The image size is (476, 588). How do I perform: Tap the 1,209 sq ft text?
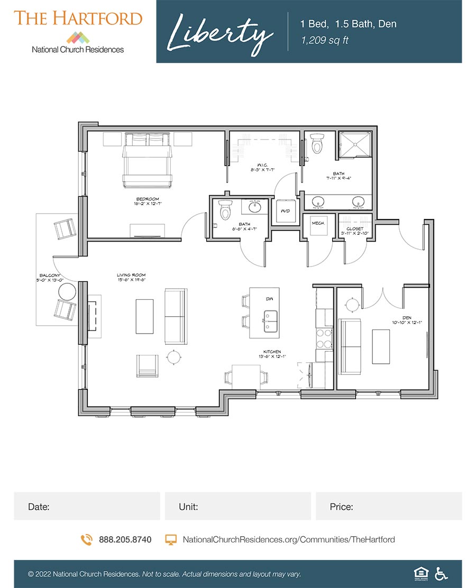click(x=325, y=40)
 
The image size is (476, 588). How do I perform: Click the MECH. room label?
click(x=318, y=223)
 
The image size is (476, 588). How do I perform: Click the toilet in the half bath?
click(x=226, y=210)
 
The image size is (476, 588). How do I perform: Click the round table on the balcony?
click(x=67, y=292)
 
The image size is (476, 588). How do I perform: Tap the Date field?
click(x=87, y=506)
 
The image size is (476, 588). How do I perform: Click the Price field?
click(x=389, y=506)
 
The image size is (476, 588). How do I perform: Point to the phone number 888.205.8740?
click(x=125, y=540)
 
